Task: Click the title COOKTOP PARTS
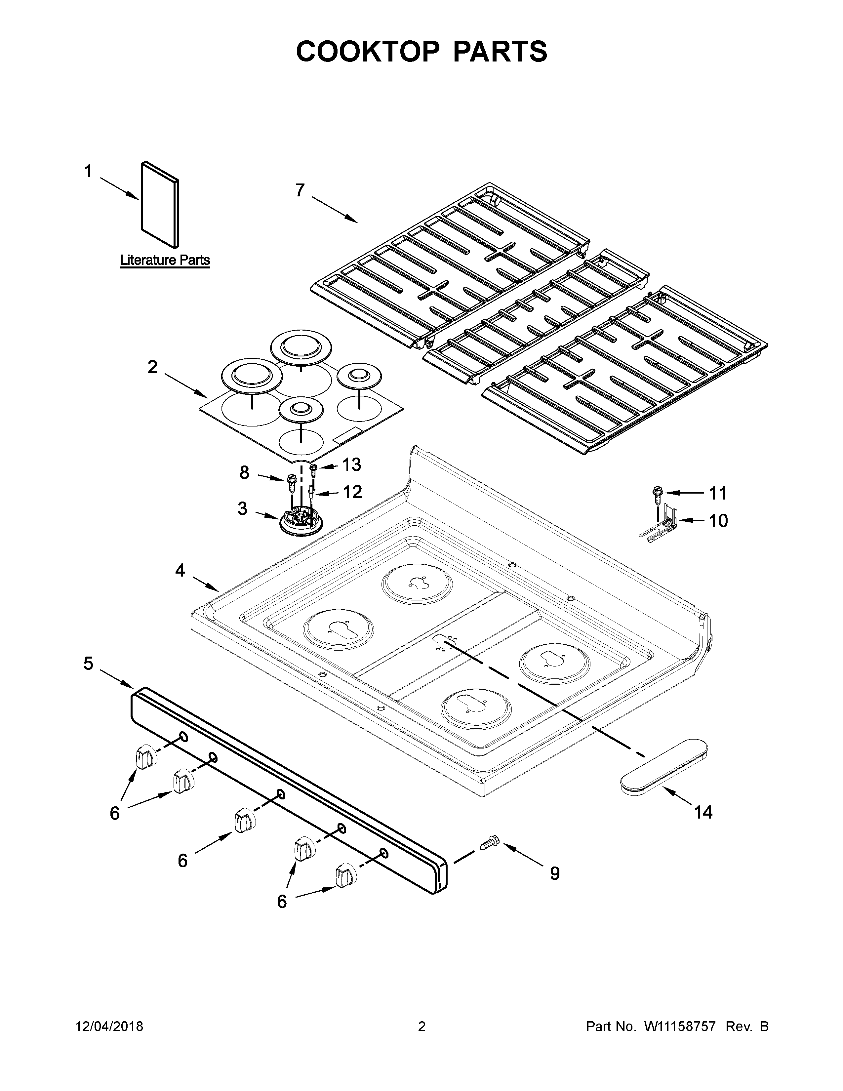pyautogui.click(x=421, y=52)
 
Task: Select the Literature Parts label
pyautogui.click(x=165, y=260)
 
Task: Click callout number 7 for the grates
pyautogui.click(x=300, y=190)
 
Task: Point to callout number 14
pyautogui.click(x=703, y=813)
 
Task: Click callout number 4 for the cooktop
pyautogui.click(x=180, y=570)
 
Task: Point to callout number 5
pyautogui.click(x=88, y=664)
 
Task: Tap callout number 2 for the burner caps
pyautogui.click(x=152, y=367)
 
